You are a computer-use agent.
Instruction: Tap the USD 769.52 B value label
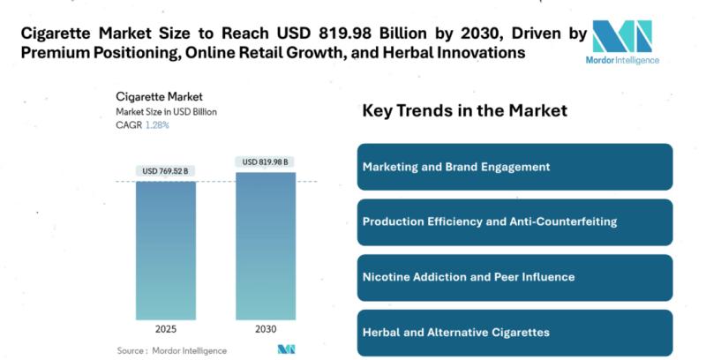coord(165,171)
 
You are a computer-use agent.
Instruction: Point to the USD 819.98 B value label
coord(266,161)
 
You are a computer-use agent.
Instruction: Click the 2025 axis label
coord(165,328)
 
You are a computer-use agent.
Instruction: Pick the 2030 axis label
coord(266,328)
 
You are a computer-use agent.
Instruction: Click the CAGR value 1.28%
coord(157,125)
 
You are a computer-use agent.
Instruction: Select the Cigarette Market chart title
coord(160,96)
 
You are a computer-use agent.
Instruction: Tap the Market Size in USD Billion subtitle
coord(166,112)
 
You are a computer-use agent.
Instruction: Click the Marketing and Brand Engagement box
coord(514,167)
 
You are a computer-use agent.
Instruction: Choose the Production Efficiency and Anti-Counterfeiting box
coord(514,222)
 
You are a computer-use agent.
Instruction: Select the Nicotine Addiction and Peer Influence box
coord(514,277)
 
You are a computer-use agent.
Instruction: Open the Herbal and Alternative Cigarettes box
coord(514,333)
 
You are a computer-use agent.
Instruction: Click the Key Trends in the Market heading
coord(464,111)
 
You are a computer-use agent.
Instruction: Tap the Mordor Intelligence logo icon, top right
coord(621,36)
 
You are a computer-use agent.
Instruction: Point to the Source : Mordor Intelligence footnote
coord(171,350)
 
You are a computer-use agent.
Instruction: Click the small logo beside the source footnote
coord(286,349)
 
